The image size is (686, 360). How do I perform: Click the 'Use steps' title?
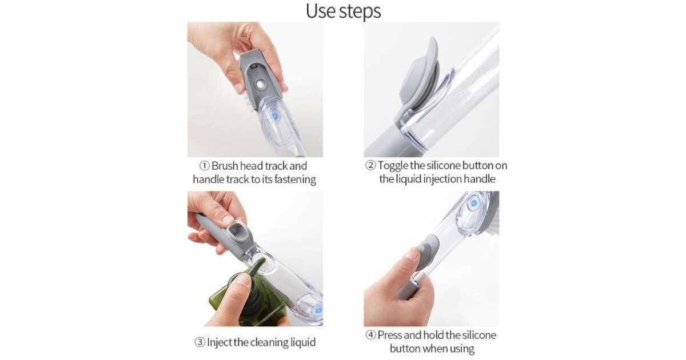[344, 11]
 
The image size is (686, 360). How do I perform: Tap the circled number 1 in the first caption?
[204, 166]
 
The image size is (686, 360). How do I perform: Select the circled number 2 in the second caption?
[370, 165]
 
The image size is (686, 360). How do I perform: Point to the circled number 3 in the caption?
[200, 342]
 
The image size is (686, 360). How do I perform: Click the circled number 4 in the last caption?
[370, 335]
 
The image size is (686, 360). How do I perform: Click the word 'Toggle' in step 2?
[393, 166]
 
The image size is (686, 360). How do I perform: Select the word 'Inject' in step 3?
[220, 342]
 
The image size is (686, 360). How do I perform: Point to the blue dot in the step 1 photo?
[275, 116]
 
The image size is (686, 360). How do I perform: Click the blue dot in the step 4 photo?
[474, 203]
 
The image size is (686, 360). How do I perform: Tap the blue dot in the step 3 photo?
[318, 310]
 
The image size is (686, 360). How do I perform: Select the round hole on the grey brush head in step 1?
[260, 85]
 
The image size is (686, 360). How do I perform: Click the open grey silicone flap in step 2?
[420, 77]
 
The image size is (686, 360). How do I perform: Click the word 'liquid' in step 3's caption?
[302, 342]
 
